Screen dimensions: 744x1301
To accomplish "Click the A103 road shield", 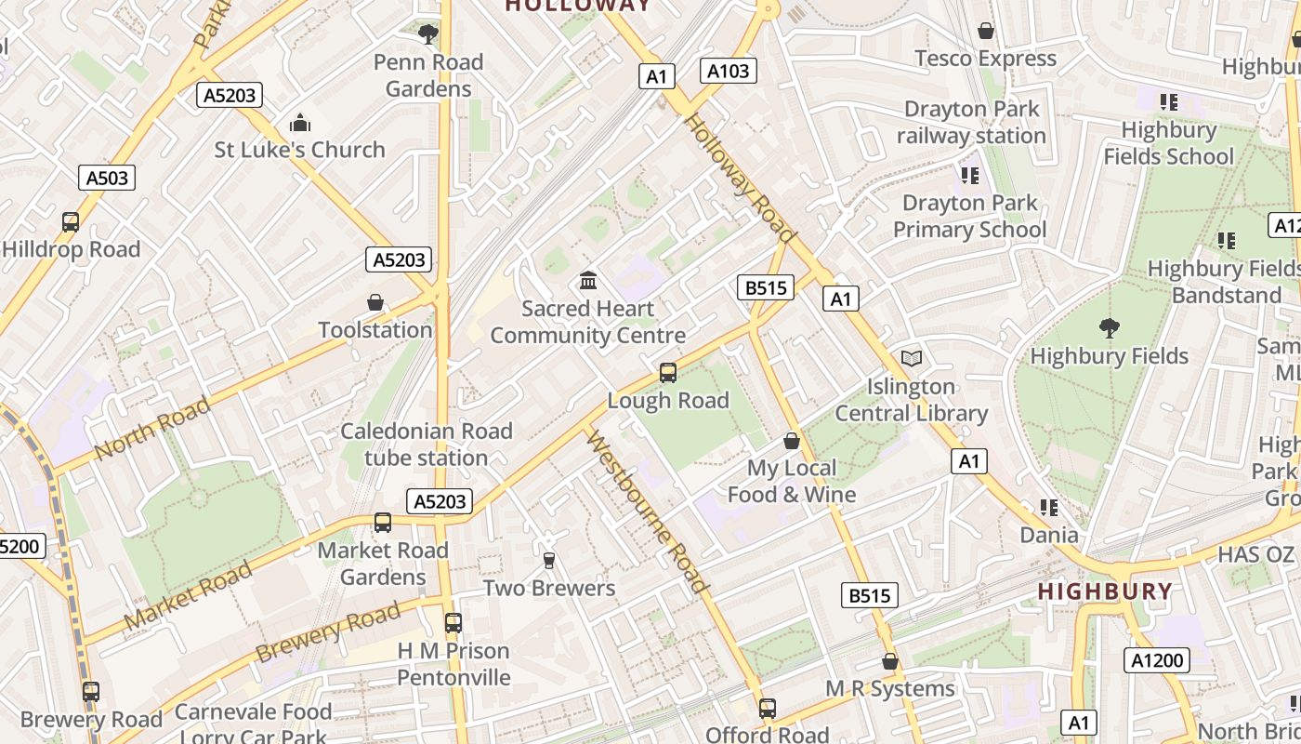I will click(x=728, y=71).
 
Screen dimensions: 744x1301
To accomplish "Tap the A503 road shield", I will click(x=107, y=178).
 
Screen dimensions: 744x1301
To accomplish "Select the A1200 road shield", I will click(x=1157, y=660).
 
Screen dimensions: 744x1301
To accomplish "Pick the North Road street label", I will click(x=152, y=428).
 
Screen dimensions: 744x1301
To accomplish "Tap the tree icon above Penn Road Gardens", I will click(x=428, y=35).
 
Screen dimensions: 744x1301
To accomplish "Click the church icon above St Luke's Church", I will click(x=299, y=123).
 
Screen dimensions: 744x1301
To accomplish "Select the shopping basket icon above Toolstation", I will click(x=375, y=303).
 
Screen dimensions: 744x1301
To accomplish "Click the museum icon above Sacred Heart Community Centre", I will click(x=587, y=280).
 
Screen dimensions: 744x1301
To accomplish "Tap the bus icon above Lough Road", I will click(x=667, y=373).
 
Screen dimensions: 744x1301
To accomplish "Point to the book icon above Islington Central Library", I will click(x=912, y=359).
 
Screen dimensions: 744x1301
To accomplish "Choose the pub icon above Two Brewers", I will click(x=548, y=560).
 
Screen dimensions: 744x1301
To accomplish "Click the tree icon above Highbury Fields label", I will click(x=1109, y=327).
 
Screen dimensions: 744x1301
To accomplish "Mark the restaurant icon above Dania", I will click(x=1049, y=508).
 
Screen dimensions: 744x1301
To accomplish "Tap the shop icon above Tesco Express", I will click(x=986, y=31).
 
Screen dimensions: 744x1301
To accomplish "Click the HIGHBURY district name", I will click(x=1104, y=591).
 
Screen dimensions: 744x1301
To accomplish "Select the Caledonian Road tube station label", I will click(x=427, y=445).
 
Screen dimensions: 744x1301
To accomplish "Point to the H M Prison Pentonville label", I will click(x=453, y=664).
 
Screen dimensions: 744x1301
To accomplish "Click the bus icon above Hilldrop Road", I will click(x=71, y=222).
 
